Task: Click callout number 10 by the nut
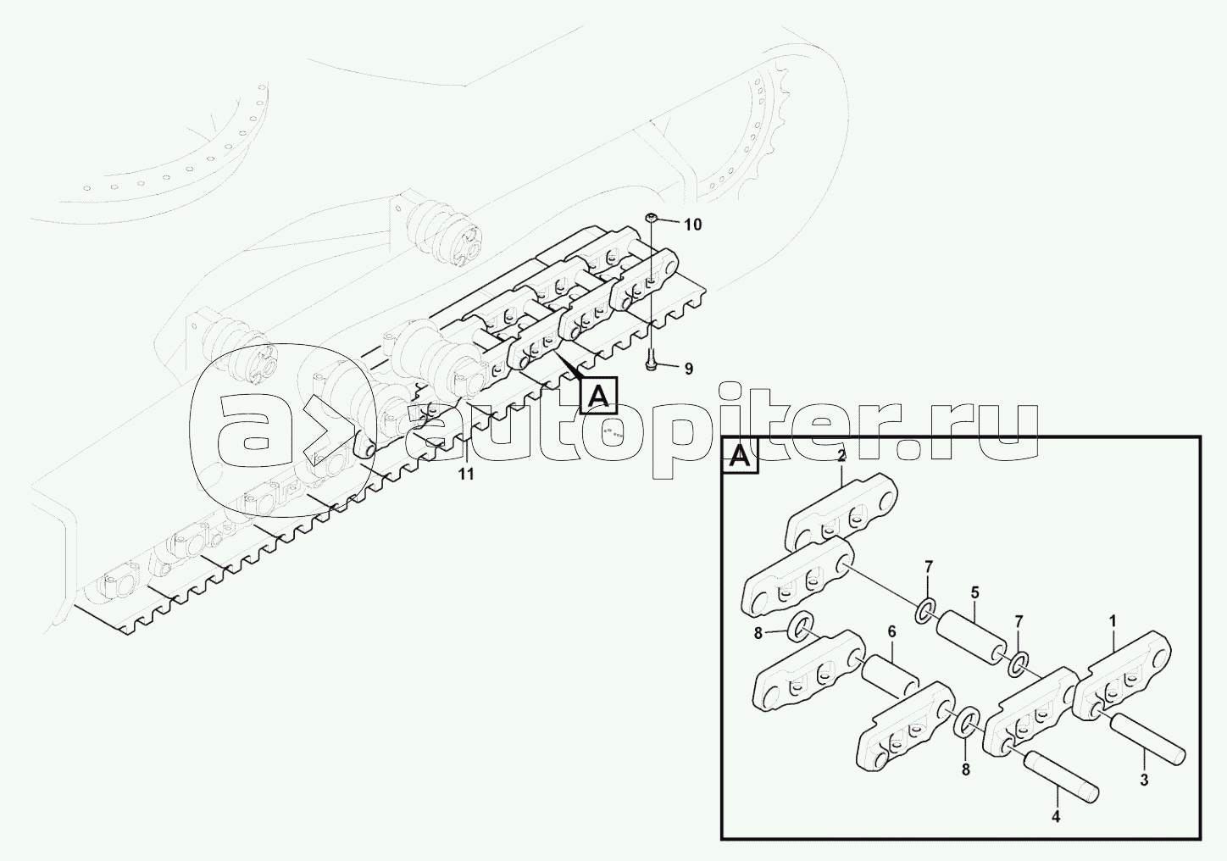pos(692,225)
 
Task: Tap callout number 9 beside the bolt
pos(689,369)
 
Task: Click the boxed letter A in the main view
pos(598,395)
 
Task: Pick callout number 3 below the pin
pos(1144,780)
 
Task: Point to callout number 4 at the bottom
pos(1056,832)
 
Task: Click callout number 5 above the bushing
pos(975,592)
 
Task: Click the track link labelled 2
pos(841,519)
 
